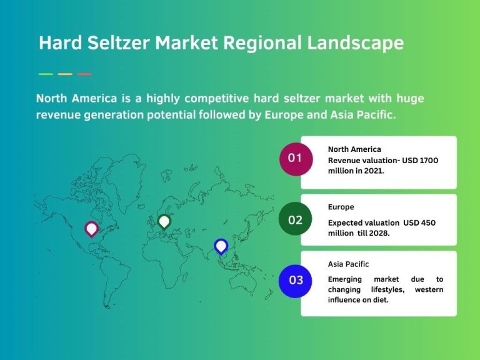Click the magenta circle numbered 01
296,159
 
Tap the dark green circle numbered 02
295,219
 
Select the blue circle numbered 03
295,281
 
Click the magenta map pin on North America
91,229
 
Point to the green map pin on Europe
164,222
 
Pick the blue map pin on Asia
221,246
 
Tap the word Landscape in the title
356,43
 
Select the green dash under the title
46,74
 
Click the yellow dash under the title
65,74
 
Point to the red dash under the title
84,74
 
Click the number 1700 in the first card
429,161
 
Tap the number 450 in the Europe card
428,222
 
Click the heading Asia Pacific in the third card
348,264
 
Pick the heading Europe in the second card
341,207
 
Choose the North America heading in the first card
354,149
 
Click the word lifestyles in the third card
387,289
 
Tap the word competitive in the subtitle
217,99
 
